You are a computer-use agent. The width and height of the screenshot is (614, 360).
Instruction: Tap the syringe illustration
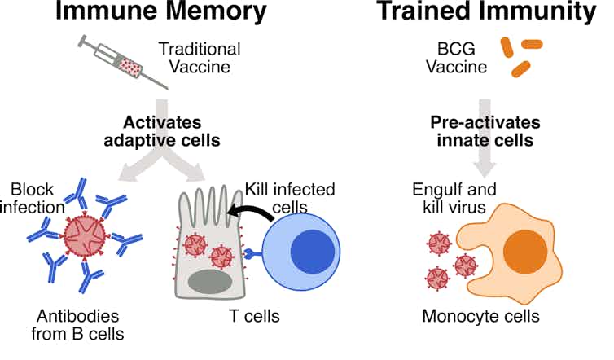click(x=123, y=60)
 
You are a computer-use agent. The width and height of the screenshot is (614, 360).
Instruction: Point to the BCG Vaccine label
click(x=456, y=58)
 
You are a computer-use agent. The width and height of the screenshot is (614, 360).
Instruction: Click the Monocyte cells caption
click(x=480, y=315)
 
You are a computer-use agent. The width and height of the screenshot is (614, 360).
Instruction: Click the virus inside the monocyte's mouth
click(x=466, y=266)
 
